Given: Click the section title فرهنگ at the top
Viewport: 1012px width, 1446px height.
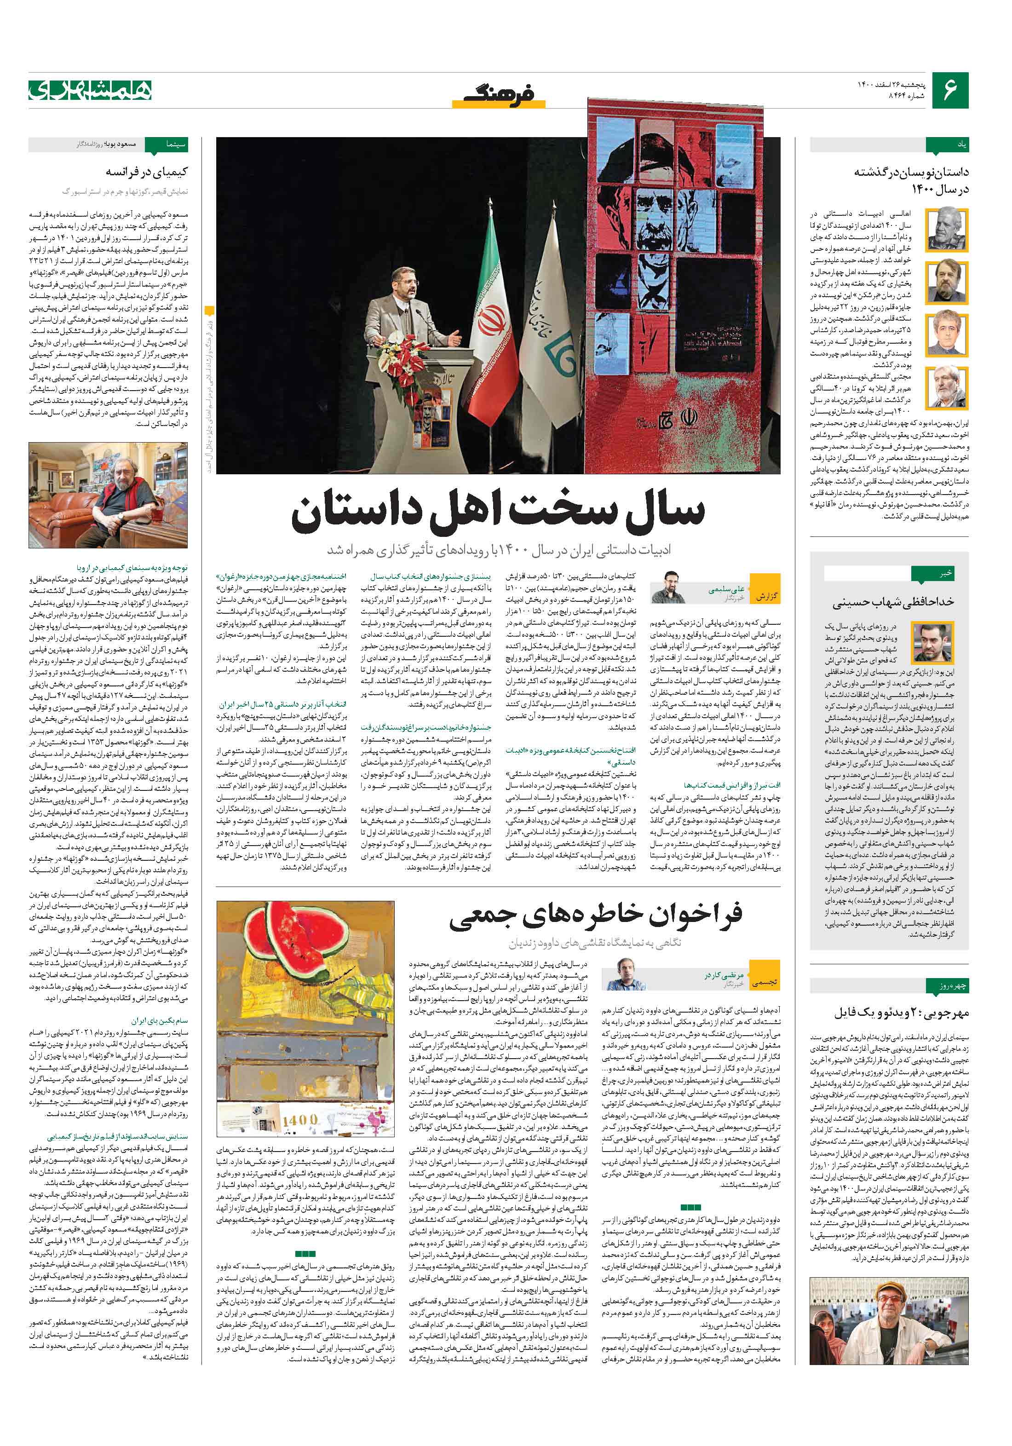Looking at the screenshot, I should point(500,94).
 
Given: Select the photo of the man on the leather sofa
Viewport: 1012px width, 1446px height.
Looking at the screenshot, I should point(108,495).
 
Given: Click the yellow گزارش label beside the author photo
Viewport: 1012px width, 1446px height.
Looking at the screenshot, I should point(766,596).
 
